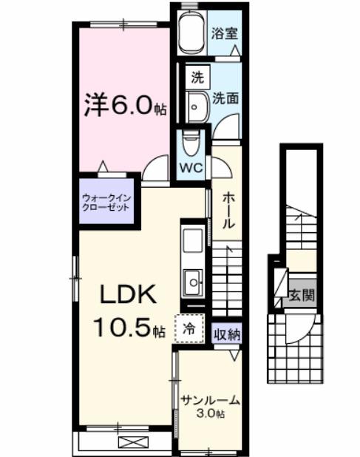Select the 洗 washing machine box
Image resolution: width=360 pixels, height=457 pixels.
coord(197,76)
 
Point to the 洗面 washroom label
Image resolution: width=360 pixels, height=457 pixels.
coord(225,97)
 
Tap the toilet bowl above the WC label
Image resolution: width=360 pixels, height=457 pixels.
coord(191,141)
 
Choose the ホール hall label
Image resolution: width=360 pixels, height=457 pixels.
coord(229,209)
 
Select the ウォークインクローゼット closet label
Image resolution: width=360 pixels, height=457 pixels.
coord(106,202)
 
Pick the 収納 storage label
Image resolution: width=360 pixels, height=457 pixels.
coord(228,334)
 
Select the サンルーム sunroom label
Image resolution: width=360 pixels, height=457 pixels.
coord(210,400)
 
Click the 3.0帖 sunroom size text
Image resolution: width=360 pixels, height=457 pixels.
coord(210,413)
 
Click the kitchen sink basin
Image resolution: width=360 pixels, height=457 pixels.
coord(193,281)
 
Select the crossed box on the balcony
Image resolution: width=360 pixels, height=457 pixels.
coord(133,443)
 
